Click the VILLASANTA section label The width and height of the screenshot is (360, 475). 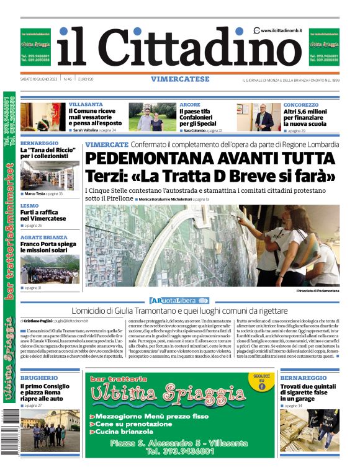(x=86, y=105)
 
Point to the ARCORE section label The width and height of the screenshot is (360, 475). (x=190, y=105)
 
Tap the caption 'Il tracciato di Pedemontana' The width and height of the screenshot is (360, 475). (x=317, y=290)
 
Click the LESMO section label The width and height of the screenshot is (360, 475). (x=29, y=205)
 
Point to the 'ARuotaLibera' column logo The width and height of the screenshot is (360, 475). (x=179, y=300)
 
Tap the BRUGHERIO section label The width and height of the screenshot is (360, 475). (x=39, y=378)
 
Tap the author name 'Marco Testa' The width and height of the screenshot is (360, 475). (x=35, y=194)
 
